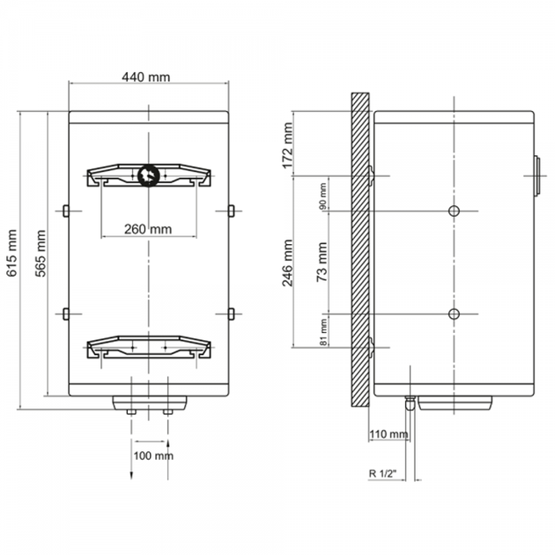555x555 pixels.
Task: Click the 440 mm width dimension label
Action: [x=146, y=77]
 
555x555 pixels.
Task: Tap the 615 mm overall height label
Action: [x=11, y=253]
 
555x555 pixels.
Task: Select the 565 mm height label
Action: [x=41, y=253]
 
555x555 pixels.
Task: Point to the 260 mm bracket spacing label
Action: [x=148, y=229]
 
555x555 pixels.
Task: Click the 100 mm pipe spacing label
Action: [x=153, y=455]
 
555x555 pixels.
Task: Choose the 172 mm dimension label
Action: [x=288, y=145]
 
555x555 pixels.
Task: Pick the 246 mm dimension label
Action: [x=287, y=263]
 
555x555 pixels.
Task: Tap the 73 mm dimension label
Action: [x=322, y=262]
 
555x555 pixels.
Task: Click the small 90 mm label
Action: [x=322, y=196]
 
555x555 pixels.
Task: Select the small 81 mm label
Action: [x=323, y=332]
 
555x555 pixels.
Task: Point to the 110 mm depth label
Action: [x=388, y=434]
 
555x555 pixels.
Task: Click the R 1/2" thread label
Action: [x=382, y=474]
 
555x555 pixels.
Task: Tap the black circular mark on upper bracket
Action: [x=148, y=175]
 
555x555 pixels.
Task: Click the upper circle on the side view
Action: [x=454, y=211]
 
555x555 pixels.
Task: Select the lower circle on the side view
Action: [x=454, y=314]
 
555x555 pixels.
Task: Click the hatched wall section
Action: [x=360, y=249]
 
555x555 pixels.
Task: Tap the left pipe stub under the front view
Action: [x=131, y=411]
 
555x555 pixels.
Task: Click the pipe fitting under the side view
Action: [x=410, y=403]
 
